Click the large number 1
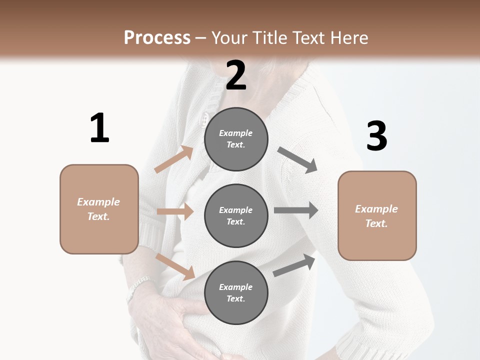point(99,128)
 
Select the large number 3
point(376,136)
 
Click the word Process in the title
point(157,37)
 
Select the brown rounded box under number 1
point(99,209)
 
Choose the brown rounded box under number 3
point(377,215)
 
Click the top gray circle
point(236,139)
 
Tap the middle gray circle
point(236,215)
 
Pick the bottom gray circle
point(236,292)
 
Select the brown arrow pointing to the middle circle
point(175,211)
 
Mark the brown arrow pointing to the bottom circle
point(175,266)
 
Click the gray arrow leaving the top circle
point(297,160)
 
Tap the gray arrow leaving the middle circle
point(296,210)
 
